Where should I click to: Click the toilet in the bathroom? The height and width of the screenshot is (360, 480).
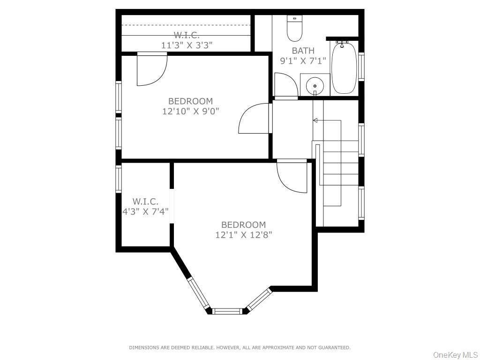[295, 29]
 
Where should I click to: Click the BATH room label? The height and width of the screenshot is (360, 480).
[303, 51]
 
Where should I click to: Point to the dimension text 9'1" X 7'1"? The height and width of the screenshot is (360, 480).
[303, 60]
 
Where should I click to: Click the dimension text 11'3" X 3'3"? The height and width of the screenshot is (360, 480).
[187, 45]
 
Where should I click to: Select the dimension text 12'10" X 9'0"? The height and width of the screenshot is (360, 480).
[190, 111]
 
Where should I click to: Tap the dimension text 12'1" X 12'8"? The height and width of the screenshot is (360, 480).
[243, 235]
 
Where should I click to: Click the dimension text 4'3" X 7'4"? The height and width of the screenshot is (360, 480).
[145, 211]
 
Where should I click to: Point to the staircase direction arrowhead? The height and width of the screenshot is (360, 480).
[315, 120]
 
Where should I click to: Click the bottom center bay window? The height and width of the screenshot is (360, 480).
[227, 310]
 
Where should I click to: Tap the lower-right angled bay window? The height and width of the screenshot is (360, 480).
[259, 299]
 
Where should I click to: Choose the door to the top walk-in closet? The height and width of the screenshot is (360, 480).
[152, 70]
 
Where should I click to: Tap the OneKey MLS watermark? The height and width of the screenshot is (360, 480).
[455, 355]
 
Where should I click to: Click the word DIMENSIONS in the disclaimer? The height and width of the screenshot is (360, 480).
[145, 347]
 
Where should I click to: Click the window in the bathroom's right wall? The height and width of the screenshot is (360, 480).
[361, 67]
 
